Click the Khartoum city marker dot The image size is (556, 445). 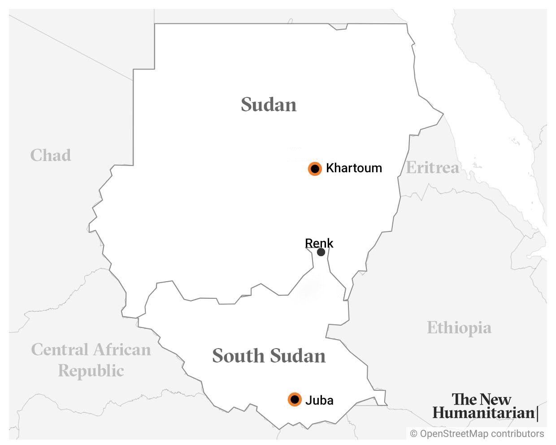[315, 169]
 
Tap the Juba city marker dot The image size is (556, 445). [295, 399]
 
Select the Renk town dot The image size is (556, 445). [321, 252]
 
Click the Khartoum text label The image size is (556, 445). [354, 168]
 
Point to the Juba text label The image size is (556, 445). [319, 400]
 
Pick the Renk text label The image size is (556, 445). [319, 243]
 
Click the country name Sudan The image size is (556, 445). [269, 105]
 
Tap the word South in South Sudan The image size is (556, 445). [238, 356]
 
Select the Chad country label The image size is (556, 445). [51, 155]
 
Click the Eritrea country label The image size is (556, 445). [432, 167]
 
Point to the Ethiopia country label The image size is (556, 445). [459, 327]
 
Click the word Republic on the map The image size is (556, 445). [91, 371]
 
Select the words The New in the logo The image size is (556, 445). [481, 399]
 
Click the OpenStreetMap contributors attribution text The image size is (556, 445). [482, 433]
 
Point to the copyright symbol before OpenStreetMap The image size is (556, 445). [413, 434]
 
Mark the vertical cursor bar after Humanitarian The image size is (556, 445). [537, 413]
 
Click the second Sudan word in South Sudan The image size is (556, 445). [297, 356]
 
